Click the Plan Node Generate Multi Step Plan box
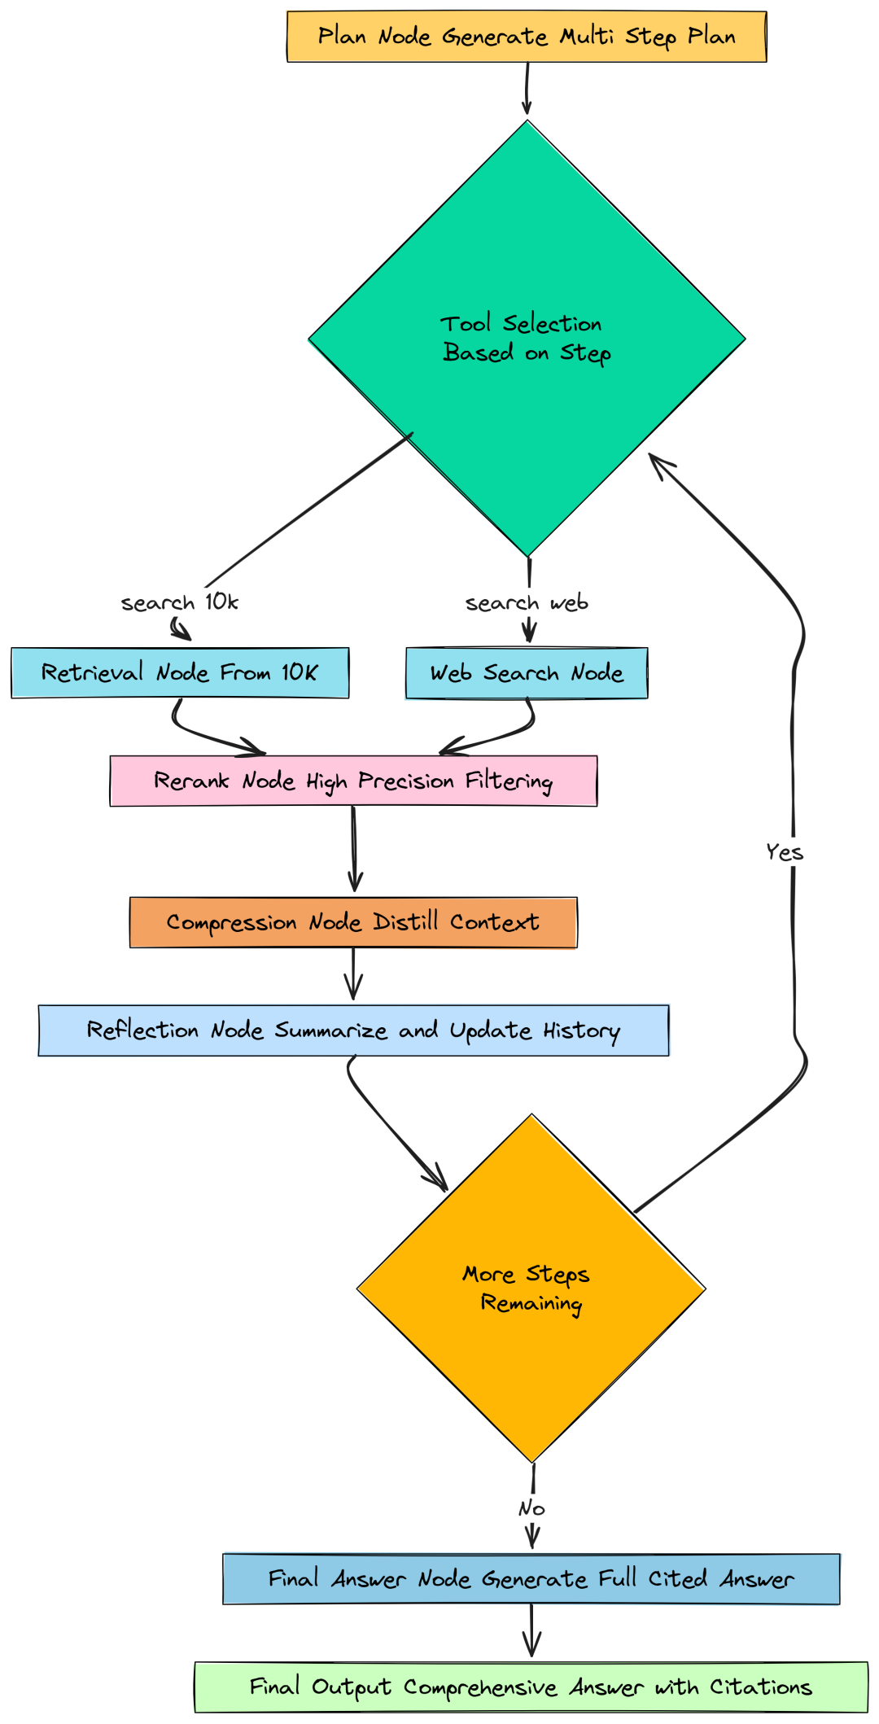[x=527, y=37]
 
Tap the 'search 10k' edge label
[x=179, y=602]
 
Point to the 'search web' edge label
[x=527, y=603]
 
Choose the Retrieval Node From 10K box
[x=180, y=672]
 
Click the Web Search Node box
[x=527, y=673]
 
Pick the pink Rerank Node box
[x=353, y=781]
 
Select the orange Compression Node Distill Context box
[x=353, y=922]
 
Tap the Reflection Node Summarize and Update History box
[x=353, y=1030]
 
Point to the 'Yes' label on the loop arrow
[x=785, y=852]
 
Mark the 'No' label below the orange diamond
[x=531, y=1508]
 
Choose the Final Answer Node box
[x=531, y=1579]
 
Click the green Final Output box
[x=531, y=1687]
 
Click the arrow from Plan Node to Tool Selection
[x=527, y=88]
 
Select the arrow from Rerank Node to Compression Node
[x=354, y=851]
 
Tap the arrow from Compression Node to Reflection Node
[x=353, y=975]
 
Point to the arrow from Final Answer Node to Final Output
[x=531, y=1631]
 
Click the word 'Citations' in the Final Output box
[x=760, y=1687]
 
